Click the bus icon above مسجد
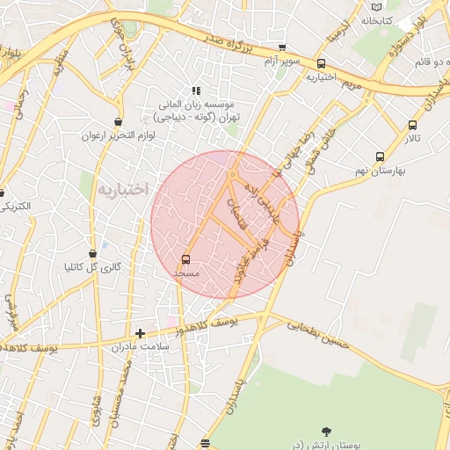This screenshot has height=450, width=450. (185, 259)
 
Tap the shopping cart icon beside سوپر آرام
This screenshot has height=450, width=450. (282, 48)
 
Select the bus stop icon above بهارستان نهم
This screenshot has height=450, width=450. (380, 157)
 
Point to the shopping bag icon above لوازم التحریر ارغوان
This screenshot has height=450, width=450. (118, 122)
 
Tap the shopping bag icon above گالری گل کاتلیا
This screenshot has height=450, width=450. (93, 254)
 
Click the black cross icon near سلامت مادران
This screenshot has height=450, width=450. (140, 333)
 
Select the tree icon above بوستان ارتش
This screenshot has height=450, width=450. (327, 431)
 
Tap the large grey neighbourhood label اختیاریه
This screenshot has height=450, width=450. (124, 190)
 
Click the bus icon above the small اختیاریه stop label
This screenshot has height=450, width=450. (321, 63)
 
